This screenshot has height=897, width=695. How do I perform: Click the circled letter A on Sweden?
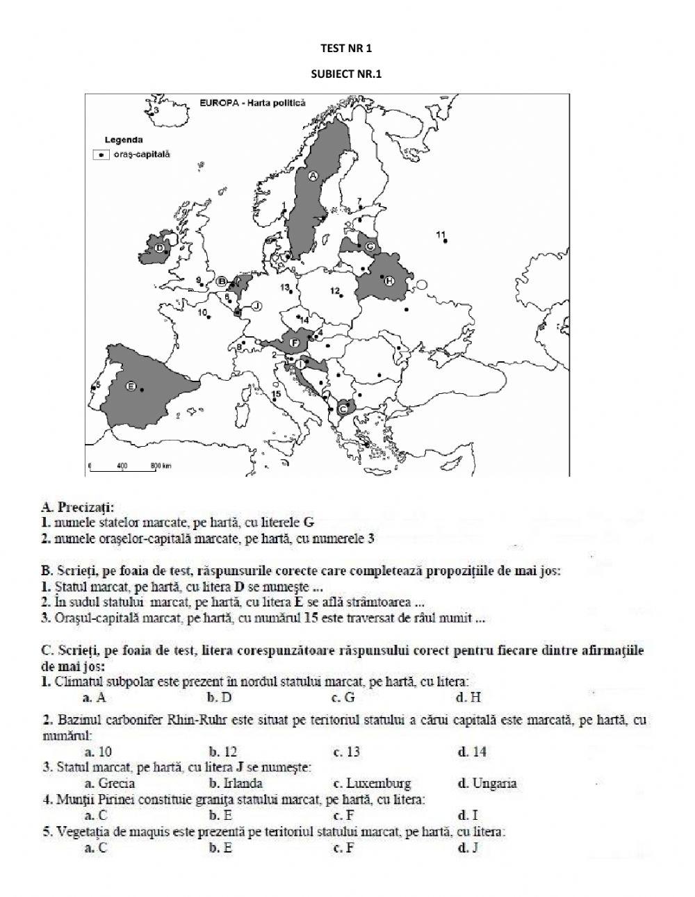[313, 176]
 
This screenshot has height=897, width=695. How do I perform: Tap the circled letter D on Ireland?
[160, 247]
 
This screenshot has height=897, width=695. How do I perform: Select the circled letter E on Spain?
[130, 386]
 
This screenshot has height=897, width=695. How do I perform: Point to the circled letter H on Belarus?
[389, 279]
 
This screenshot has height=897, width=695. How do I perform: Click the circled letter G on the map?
[370, 247]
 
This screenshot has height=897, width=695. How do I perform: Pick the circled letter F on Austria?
[294, 343]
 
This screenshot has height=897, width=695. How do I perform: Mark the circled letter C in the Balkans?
[342, 409]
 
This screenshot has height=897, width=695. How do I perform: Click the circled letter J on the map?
[256, 306]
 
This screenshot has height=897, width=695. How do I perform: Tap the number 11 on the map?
[440, 234]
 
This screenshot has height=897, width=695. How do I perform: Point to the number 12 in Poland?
[334, 290]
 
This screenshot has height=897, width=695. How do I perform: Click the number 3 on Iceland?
[157, 110]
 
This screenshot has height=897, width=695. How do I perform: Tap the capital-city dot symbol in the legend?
[102, 155]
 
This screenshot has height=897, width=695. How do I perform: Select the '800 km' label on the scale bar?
[161, 466]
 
